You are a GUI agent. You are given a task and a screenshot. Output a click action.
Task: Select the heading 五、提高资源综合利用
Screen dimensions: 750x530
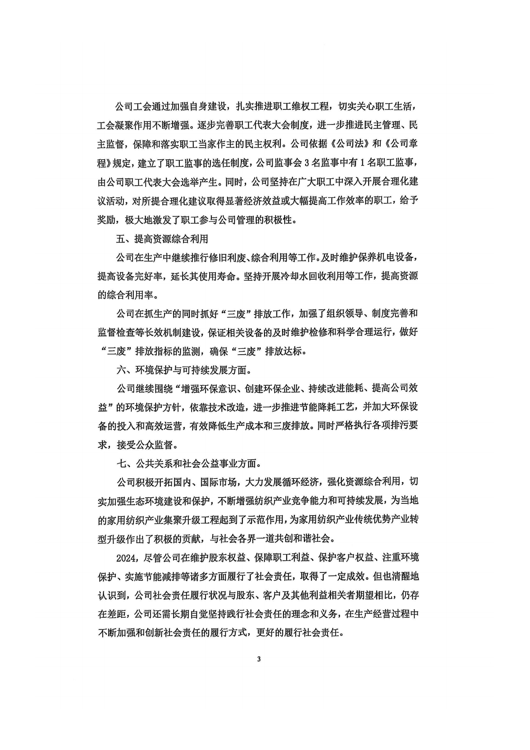tap(162, 239)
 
